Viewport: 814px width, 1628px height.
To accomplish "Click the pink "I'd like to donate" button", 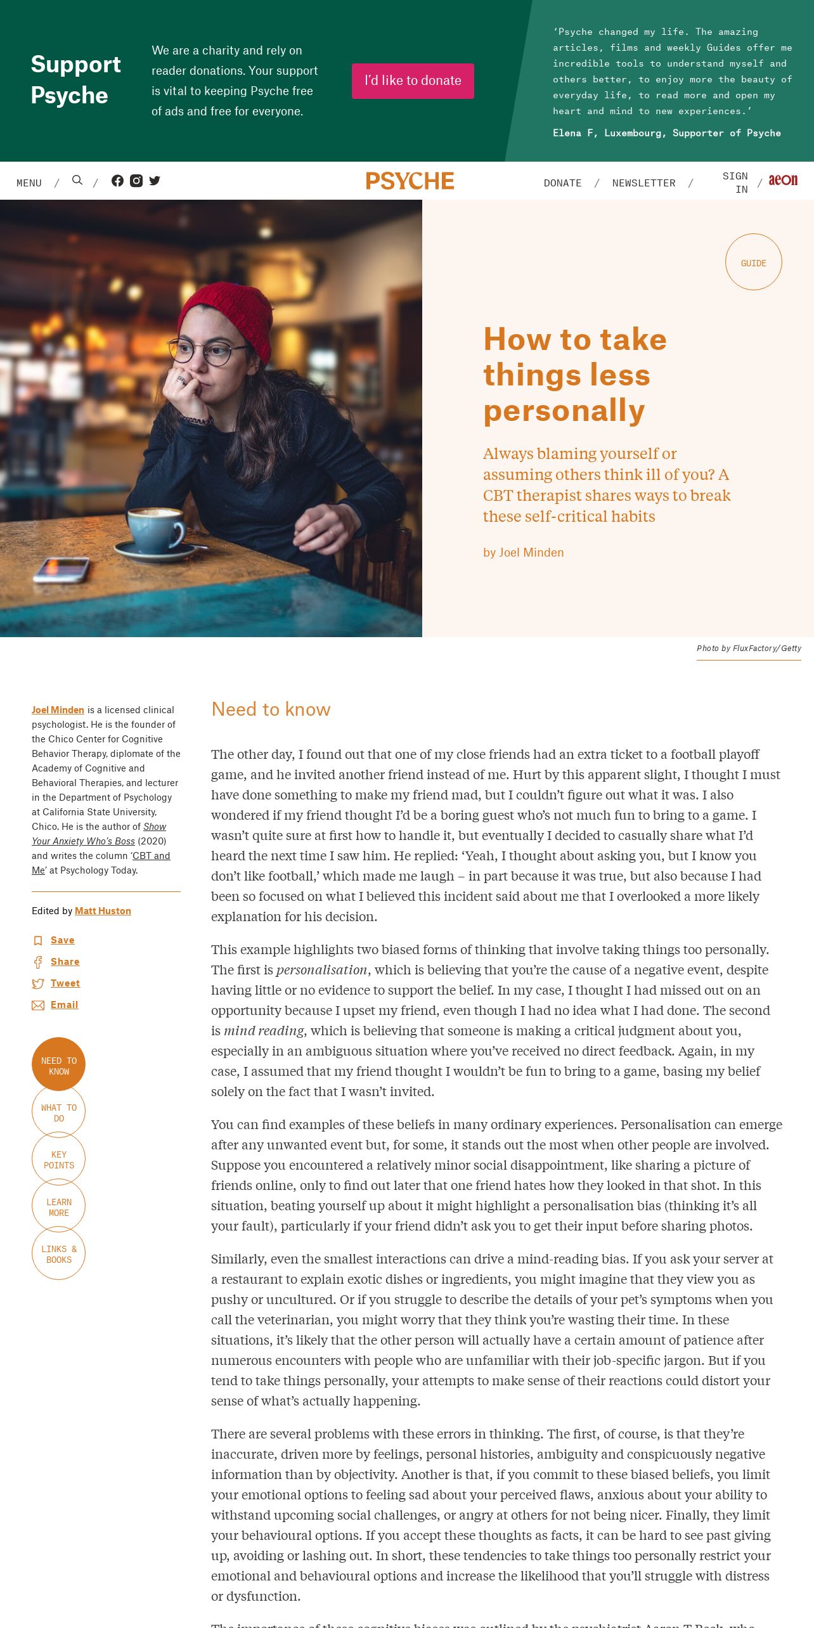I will [413, 81].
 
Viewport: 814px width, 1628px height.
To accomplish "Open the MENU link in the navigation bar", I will [29, 183].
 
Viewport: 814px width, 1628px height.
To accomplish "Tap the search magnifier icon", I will [77, 181].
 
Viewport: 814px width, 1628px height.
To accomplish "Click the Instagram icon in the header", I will [136, 181].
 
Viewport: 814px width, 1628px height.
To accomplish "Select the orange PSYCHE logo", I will [410, 181].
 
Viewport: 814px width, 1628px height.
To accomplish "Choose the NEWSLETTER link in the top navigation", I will [643, 183].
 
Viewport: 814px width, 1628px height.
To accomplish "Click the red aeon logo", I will [783, 181].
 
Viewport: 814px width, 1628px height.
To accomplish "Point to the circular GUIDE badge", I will [753, 262].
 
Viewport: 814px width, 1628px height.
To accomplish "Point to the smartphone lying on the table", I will [61, 568].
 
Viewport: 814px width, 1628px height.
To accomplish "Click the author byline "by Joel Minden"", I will [523, 553].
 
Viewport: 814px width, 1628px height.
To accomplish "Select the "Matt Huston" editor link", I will [103, 911].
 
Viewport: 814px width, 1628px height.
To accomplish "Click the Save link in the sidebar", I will [62, 940].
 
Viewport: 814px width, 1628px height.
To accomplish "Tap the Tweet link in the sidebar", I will [65, 983].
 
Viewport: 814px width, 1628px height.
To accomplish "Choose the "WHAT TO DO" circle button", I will [58, 1113].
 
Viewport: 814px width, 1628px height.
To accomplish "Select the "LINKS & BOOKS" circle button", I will [58, 1254].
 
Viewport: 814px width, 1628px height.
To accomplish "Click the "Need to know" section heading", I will [271, 709].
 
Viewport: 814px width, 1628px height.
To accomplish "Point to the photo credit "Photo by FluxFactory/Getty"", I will [749, 649].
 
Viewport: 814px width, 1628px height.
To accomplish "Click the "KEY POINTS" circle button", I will [58, 1160].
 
